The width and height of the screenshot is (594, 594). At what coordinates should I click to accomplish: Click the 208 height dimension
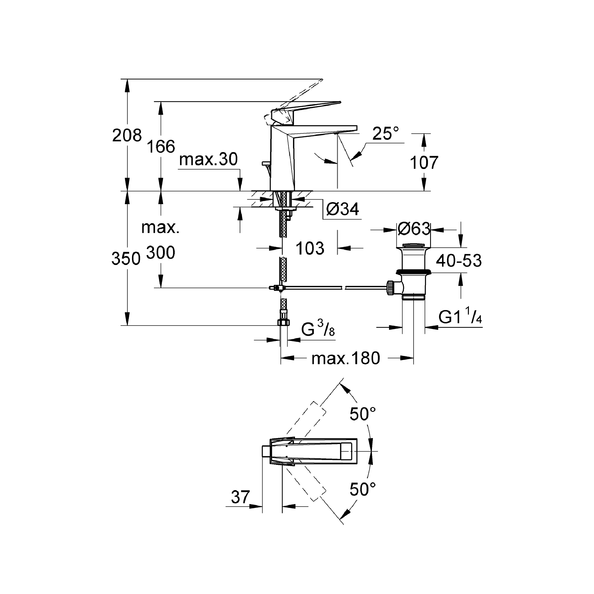[x=127, y=135]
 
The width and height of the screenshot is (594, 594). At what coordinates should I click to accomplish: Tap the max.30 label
[x=208, y=159]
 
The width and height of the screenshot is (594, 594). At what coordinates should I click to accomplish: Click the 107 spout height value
[x=424, y=163]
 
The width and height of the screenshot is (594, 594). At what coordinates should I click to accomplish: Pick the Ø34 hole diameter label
[x=342, y=210]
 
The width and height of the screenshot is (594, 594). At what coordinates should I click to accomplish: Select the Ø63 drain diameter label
[x=414, y=229]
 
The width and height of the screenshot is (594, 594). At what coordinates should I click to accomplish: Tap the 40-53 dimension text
[x=458, y=261]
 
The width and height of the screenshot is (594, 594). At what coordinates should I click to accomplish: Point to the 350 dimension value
[x=126, y=259]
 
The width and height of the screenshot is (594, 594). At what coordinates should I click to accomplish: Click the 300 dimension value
[x=160, y=253]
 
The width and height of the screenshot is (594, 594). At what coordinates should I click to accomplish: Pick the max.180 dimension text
[x=345, y=359]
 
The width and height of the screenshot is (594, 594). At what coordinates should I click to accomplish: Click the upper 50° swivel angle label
[x=363, y=414]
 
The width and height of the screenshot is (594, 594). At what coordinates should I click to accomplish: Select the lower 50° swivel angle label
[x=363, y=489]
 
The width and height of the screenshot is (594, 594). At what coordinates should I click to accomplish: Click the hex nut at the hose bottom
[x=284, y=322]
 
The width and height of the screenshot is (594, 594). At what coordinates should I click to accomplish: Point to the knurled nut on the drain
[x=390, y=288]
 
